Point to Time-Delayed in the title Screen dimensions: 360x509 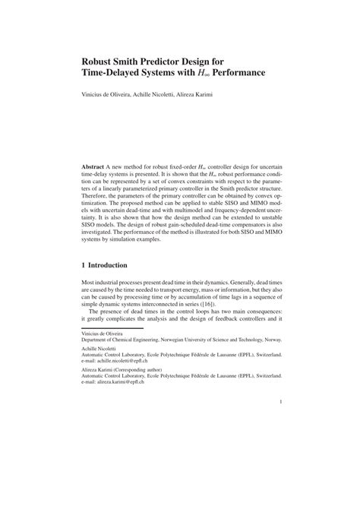point(114,74)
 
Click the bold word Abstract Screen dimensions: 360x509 point(96,165)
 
